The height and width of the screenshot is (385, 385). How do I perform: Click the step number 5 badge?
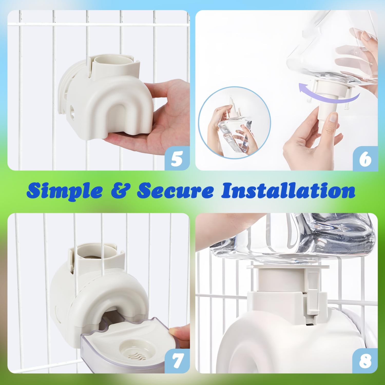[x=177, y=158]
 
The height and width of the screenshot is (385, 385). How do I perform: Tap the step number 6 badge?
[x=365, y=158]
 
